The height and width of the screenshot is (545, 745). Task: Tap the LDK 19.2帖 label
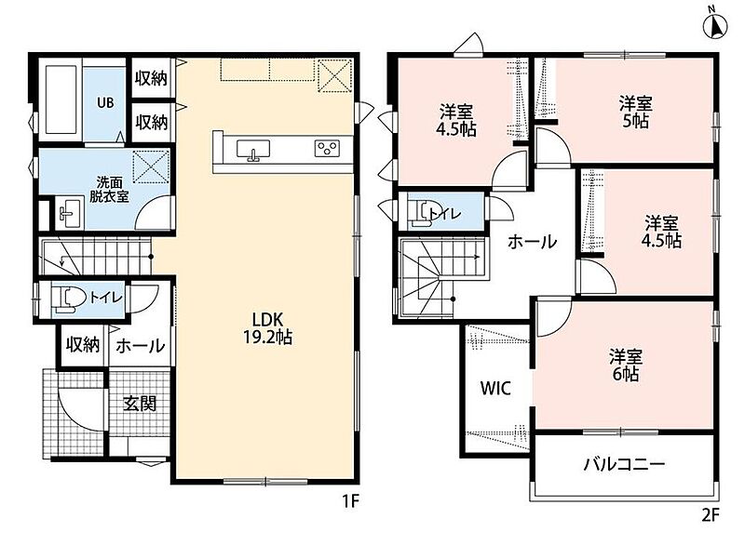pyautogui.click(x=267, y=327)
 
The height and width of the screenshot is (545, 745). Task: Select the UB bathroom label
pyautogui.click(x=105, y=102)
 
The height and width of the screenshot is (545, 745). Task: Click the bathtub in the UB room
pyautogui.click(x=61, y=100)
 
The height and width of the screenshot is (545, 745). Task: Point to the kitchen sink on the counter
pyautogui.click(x=253, y=150)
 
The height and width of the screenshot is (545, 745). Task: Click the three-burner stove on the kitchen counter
pyautogui.click(x=327, y=148)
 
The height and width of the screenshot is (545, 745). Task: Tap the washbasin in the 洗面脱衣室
pyautogui.click(x=69, y=214)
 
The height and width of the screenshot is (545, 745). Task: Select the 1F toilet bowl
pyautogui.click(x=66, y=299)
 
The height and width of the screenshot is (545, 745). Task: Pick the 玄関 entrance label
pyautogui.click(x=140, y=404)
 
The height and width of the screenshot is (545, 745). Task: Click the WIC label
pyautogui.click(x=495, y=388)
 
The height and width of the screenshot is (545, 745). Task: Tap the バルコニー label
pyautogui.click(x=624, y=463)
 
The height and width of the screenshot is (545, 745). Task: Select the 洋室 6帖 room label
pyautogui.click(x=626, y=366)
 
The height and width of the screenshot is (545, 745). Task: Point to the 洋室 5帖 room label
pyautogui.click(x=635, y=113)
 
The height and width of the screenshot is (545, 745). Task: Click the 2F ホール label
pyautogui.click(x=532, y=242)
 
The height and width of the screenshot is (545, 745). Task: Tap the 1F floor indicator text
pyautogui.click(x=351, y=501)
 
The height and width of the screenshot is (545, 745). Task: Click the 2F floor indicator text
pyautogui.click(x=711, y=515)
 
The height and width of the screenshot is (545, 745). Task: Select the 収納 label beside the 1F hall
pyautogui.click(x=83, y=345)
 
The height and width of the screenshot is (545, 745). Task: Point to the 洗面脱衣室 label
pyautogui.click(x=109, y=189)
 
